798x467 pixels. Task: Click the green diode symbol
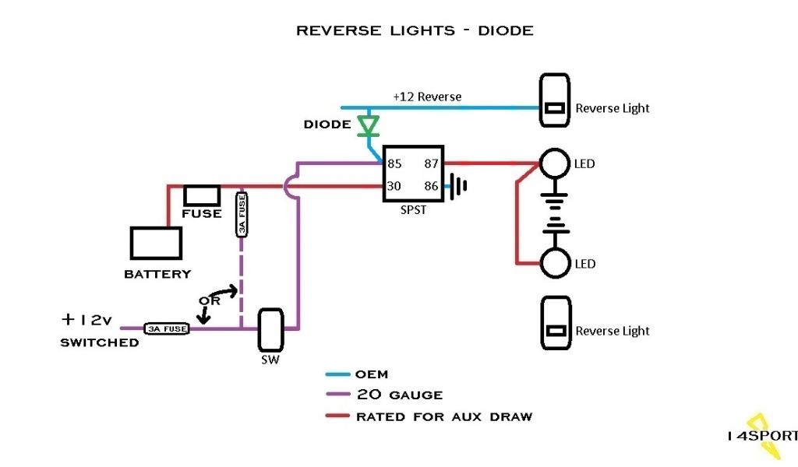(368, 125)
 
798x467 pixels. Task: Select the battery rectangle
(156, 244)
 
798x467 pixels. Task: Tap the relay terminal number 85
(394, 163)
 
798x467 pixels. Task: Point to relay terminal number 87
(431, 163)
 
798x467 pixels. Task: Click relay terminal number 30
(394, 186)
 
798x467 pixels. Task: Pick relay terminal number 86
(431, 186)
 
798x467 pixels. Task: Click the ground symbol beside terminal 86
(458, 186)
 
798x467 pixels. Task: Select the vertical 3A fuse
(242, 214)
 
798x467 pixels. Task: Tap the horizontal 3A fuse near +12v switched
(167, 328)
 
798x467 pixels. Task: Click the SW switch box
(270, 330)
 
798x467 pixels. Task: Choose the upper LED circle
(555, 163)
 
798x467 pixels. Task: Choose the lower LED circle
(555, 263)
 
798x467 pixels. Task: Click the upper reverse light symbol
(555, 100)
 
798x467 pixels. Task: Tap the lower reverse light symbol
(556, 323)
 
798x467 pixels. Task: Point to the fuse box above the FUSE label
(202, 195)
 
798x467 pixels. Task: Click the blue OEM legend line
(338, 374)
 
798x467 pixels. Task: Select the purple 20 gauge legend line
(338, 395)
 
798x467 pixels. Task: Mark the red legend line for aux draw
(338, 416)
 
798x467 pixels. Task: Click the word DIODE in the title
(506, 31)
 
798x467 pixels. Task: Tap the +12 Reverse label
(428, 97)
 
